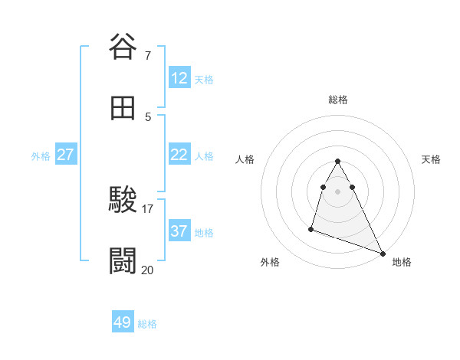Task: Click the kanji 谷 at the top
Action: pos(123,47)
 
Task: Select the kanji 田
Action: pos(123,108)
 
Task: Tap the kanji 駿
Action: pos(123,200)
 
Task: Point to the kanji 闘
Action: pos(123,260)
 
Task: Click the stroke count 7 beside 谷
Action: pos(147,55)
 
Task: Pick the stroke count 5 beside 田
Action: pos(147,116)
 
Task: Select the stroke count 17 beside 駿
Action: pos(148,208)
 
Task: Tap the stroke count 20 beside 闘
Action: pos(148,270)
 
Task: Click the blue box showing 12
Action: pos(179,78)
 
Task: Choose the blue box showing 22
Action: pos(179,155)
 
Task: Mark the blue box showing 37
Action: pos(179,231)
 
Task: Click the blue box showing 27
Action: pos(66,155)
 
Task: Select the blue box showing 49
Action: pos(123,322)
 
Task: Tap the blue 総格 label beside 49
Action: pos(147,324)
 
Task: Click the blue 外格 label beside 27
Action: pos(41,156)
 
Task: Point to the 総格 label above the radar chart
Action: pos(338,100)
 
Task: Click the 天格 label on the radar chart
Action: pos(432,159)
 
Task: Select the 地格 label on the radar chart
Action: pos(402,262)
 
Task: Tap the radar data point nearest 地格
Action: pos(383,253)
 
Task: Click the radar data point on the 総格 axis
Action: pos(338,161)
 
